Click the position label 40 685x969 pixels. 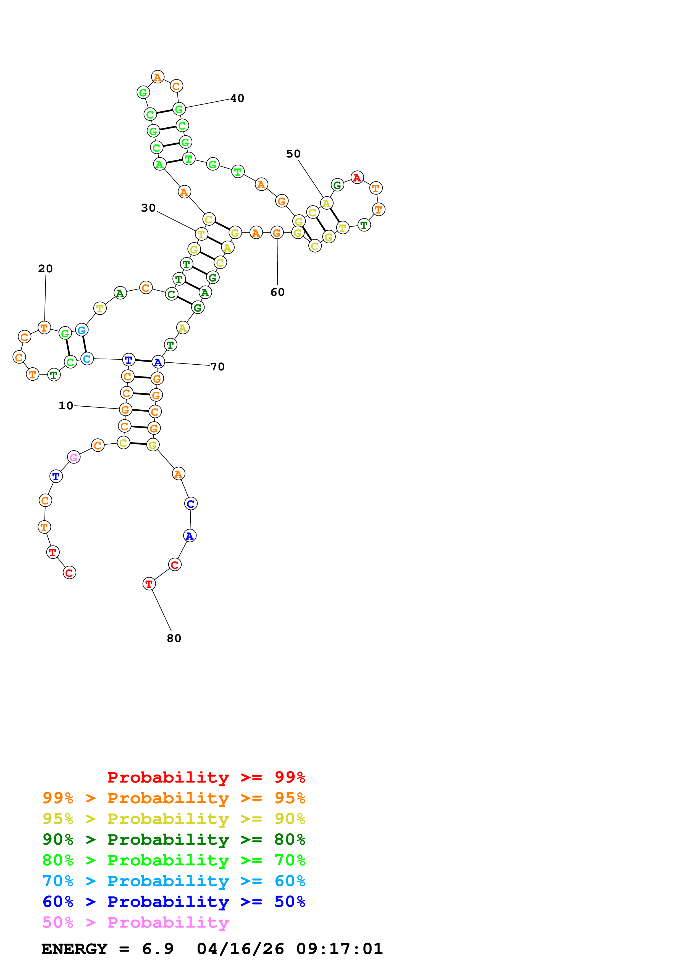(237, 98)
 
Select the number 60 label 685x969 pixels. (277, 292)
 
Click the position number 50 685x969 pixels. (293, 154)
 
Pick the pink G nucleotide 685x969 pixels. (74, 457)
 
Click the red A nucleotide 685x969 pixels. (357, 178)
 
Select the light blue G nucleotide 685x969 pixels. (82, 330)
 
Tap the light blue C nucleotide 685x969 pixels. (87, 359)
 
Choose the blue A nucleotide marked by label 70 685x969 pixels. (158, 362)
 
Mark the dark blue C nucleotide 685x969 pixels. (191, 504)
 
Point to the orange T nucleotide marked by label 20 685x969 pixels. (44, 328)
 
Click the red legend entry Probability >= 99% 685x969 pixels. (206, 777)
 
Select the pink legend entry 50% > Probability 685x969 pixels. (135, 923)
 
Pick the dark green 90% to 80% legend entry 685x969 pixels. (174, 839)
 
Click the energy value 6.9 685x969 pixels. (158, 949)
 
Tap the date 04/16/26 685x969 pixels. (240, 949)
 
